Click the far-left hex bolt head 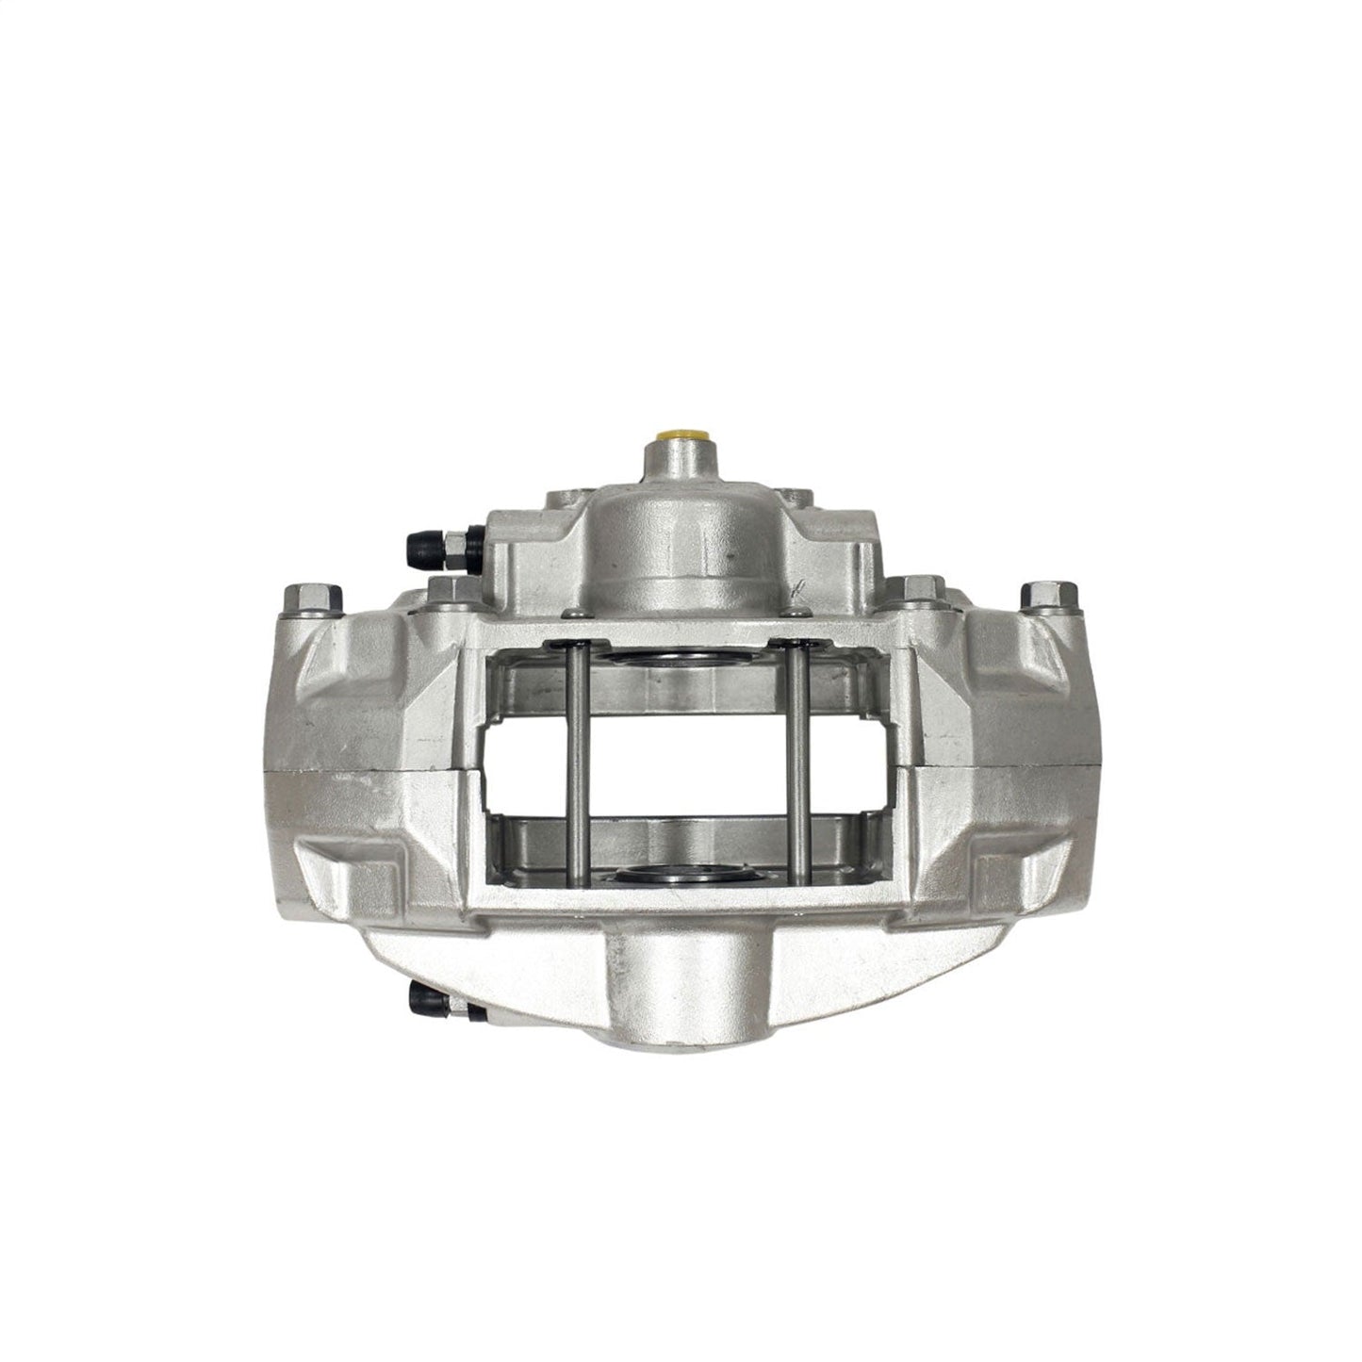(309, 598)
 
